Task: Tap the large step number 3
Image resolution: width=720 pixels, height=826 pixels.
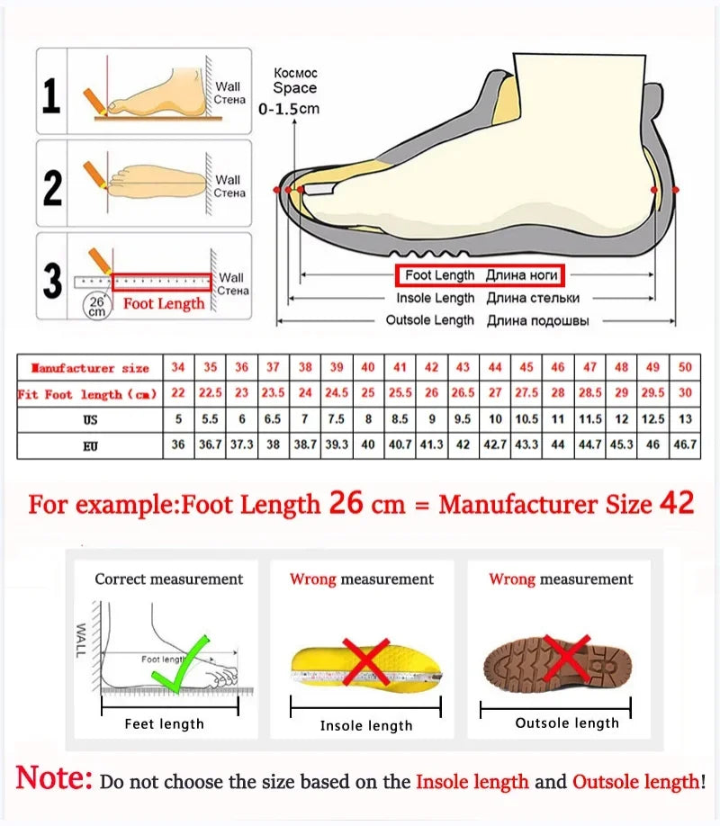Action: [x=52, y=280]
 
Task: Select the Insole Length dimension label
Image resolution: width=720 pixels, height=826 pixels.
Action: [x=436, y=298]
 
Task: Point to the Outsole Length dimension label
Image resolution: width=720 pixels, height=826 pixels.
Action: [x=429, y=320]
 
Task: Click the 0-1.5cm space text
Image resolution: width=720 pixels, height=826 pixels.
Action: [x=289, y=109]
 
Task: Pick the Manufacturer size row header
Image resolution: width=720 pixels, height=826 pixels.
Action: [x=89, y=368]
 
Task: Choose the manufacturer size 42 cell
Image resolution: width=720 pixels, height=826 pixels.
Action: [x=432, y=368]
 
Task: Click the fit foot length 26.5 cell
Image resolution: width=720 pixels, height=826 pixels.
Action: [x=463, y=394]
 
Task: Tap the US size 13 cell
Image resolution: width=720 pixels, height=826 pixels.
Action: [x=685, y=419]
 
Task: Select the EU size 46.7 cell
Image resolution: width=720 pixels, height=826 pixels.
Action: [x=685, y=445]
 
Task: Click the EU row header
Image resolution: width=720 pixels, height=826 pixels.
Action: [x=89, y=445]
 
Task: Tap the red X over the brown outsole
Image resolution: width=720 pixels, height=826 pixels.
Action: [x=567, y=659]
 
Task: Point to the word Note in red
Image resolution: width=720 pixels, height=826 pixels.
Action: [x=54, y=778]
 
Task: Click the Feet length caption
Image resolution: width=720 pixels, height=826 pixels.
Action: [x=164, y=723]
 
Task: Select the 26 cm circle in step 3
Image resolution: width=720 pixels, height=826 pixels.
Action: [x=96, y=306]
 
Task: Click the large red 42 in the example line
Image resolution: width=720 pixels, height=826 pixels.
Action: [x=676, y=503]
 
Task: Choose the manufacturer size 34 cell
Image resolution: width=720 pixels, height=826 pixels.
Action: [x=178, y=368]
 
